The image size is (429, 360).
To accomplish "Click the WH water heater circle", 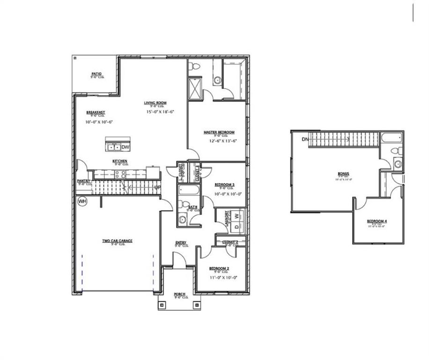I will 82,202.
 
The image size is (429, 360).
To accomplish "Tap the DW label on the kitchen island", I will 125,147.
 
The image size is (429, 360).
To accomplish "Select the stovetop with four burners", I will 119,174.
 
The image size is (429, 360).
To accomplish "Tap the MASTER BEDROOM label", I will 219,133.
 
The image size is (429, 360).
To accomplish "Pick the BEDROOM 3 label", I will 224,185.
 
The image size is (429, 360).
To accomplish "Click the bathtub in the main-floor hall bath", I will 189,191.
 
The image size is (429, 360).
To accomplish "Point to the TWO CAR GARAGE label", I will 118,241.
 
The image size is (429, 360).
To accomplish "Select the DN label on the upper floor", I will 305,139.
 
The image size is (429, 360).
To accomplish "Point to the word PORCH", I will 180,294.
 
